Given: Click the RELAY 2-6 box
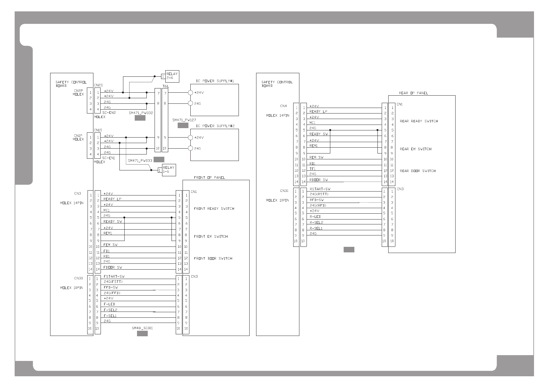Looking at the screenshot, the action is (x=172, y=76).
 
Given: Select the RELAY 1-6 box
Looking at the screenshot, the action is (x=169, y=170).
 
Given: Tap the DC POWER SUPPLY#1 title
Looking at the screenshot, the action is (x=215, y=81).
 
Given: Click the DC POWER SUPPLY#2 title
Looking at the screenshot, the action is (x=215, y=126).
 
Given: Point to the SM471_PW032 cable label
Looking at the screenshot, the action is (x=141, y=113).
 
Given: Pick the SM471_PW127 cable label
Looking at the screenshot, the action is (x=184, y=120).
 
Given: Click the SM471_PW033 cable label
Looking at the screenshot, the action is (x=140, y=161).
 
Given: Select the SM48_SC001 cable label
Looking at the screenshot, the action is (x=142, y=328).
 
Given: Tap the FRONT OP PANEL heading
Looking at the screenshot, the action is (x=209, y=178).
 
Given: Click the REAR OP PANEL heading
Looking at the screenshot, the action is (x=413, y=93).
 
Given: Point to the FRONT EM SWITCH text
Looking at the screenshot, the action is (x=211, y=236).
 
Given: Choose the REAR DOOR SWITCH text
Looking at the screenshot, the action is (x=418, y=171).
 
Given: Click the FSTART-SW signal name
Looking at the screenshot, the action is (x=114, y=276).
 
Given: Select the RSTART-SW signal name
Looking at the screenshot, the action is (x=320, y=189).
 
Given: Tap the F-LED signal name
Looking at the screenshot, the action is (x=109, y=304).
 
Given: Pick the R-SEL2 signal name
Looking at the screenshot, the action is (x=316, y=222).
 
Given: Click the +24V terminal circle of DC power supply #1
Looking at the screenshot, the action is (x=190, y=93).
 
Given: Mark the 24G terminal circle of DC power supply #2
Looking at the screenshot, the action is (x=190, y=148).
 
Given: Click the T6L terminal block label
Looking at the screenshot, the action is (x=166, y=86).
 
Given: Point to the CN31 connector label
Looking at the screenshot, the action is (x=284, y=191).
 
